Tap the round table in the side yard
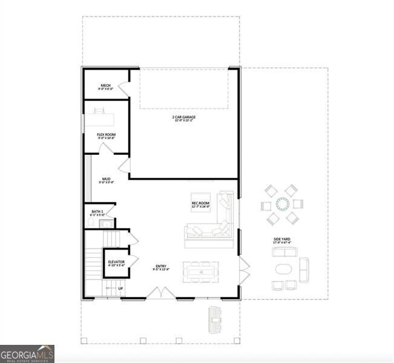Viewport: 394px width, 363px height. click(x=282, y=203)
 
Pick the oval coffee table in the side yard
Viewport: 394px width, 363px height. click(x=283, y=269)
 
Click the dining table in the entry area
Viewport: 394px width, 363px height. click(x=200, y=272)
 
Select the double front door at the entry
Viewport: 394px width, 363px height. click(x=161, y=293)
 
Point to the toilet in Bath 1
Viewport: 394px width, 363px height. click(x=91, y=223)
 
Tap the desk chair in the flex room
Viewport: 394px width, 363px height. click(x=97, y=110)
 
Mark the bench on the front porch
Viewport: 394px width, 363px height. click(x=215, y=319)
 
